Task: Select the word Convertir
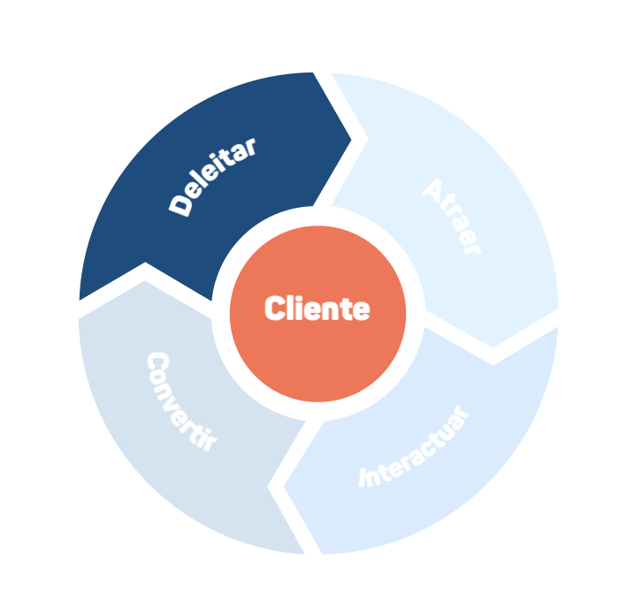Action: (180, 402)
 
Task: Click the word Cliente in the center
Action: (317, 309)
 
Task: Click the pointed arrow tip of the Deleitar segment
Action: (350, 139)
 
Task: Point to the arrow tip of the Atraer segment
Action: (493, 347)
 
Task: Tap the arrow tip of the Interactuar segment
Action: (283, 485)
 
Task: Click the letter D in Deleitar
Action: (180, 206)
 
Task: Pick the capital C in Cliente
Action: (274, 309)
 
